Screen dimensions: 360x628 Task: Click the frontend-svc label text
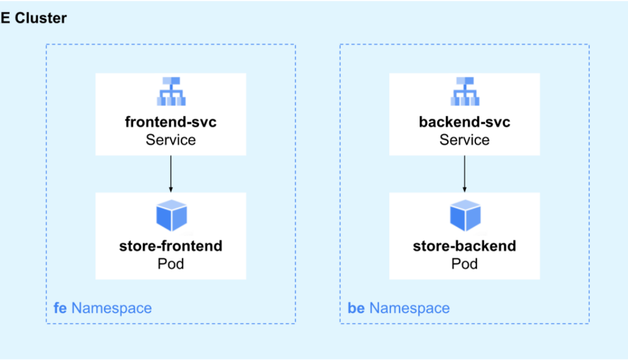[171, 122]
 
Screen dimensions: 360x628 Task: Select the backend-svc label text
[465, 122]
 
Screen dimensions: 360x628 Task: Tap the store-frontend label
[171, 246]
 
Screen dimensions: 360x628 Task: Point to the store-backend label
[465, 246]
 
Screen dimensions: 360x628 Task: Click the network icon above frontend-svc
[171, 91]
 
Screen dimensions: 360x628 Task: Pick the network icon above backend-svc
[465, 91]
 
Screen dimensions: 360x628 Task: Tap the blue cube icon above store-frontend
[171, 215]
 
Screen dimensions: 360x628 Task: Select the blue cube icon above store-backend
[465, 215]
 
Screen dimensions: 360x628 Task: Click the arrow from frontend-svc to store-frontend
[171, 173]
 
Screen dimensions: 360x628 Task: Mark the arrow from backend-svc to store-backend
[465, 173]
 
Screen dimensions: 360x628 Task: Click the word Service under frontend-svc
[171, 140]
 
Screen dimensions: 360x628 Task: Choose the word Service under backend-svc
[465, 140]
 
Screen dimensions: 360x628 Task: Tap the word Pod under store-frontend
[171, 264]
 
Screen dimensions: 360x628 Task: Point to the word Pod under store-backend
[465, 264]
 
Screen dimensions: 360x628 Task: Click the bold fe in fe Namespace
[60, 308]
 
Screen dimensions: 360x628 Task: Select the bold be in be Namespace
[356, 308]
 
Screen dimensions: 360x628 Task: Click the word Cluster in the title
[41, 18]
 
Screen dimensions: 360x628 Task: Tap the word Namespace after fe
[112, 308]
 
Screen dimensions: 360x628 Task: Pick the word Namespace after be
[409, 308]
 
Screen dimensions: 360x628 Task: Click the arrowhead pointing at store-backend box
[465, 189]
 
